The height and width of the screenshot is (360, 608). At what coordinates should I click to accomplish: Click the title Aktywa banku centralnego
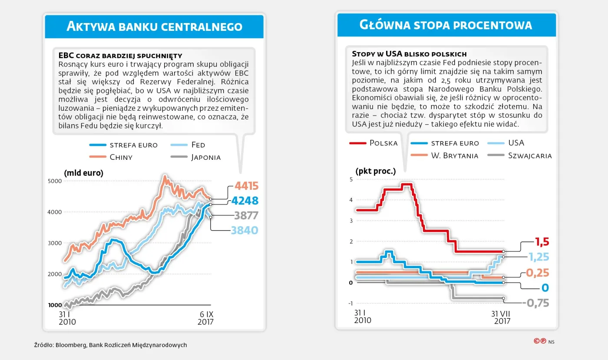pos(154,26)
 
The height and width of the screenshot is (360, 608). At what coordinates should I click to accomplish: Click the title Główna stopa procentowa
pos(446,25)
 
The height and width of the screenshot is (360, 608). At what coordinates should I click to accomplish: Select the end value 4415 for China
pos(246,186)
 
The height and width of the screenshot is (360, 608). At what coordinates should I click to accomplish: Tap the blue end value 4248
pos(245,201)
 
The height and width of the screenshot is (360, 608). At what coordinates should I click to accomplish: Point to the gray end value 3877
pos(246,215)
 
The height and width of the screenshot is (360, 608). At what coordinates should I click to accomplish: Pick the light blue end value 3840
pos(245,230)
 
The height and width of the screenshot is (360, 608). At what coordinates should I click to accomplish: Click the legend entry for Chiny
pos(121,157)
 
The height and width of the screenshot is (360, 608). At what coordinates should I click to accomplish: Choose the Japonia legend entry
pos(206,157)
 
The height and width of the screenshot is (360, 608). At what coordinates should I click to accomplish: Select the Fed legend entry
pos(198,145)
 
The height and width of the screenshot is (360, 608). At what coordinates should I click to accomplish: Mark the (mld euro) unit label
pos(84,173)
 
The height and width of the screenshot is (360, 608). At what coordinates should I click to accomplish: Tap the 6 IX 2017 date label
pos(205,318)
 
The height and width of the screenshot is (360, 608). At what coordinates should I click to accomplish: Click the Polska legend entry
pos(383,143)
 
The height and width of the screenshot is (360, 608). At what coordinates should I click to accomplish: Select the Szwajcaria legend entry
pos(530,155)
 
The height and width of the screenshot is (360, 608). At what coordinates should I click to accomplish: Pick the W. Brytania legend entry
pos(454,155)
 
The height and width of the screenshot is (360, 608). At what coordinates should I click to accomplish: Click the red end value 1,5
pos(542,241)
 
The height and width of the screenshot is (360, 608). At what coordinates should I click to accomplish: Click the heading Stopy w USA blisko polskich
pos(409,54)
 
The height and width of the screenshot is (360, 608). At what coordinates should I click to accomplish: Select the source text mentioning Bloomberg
pos(111,345)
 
